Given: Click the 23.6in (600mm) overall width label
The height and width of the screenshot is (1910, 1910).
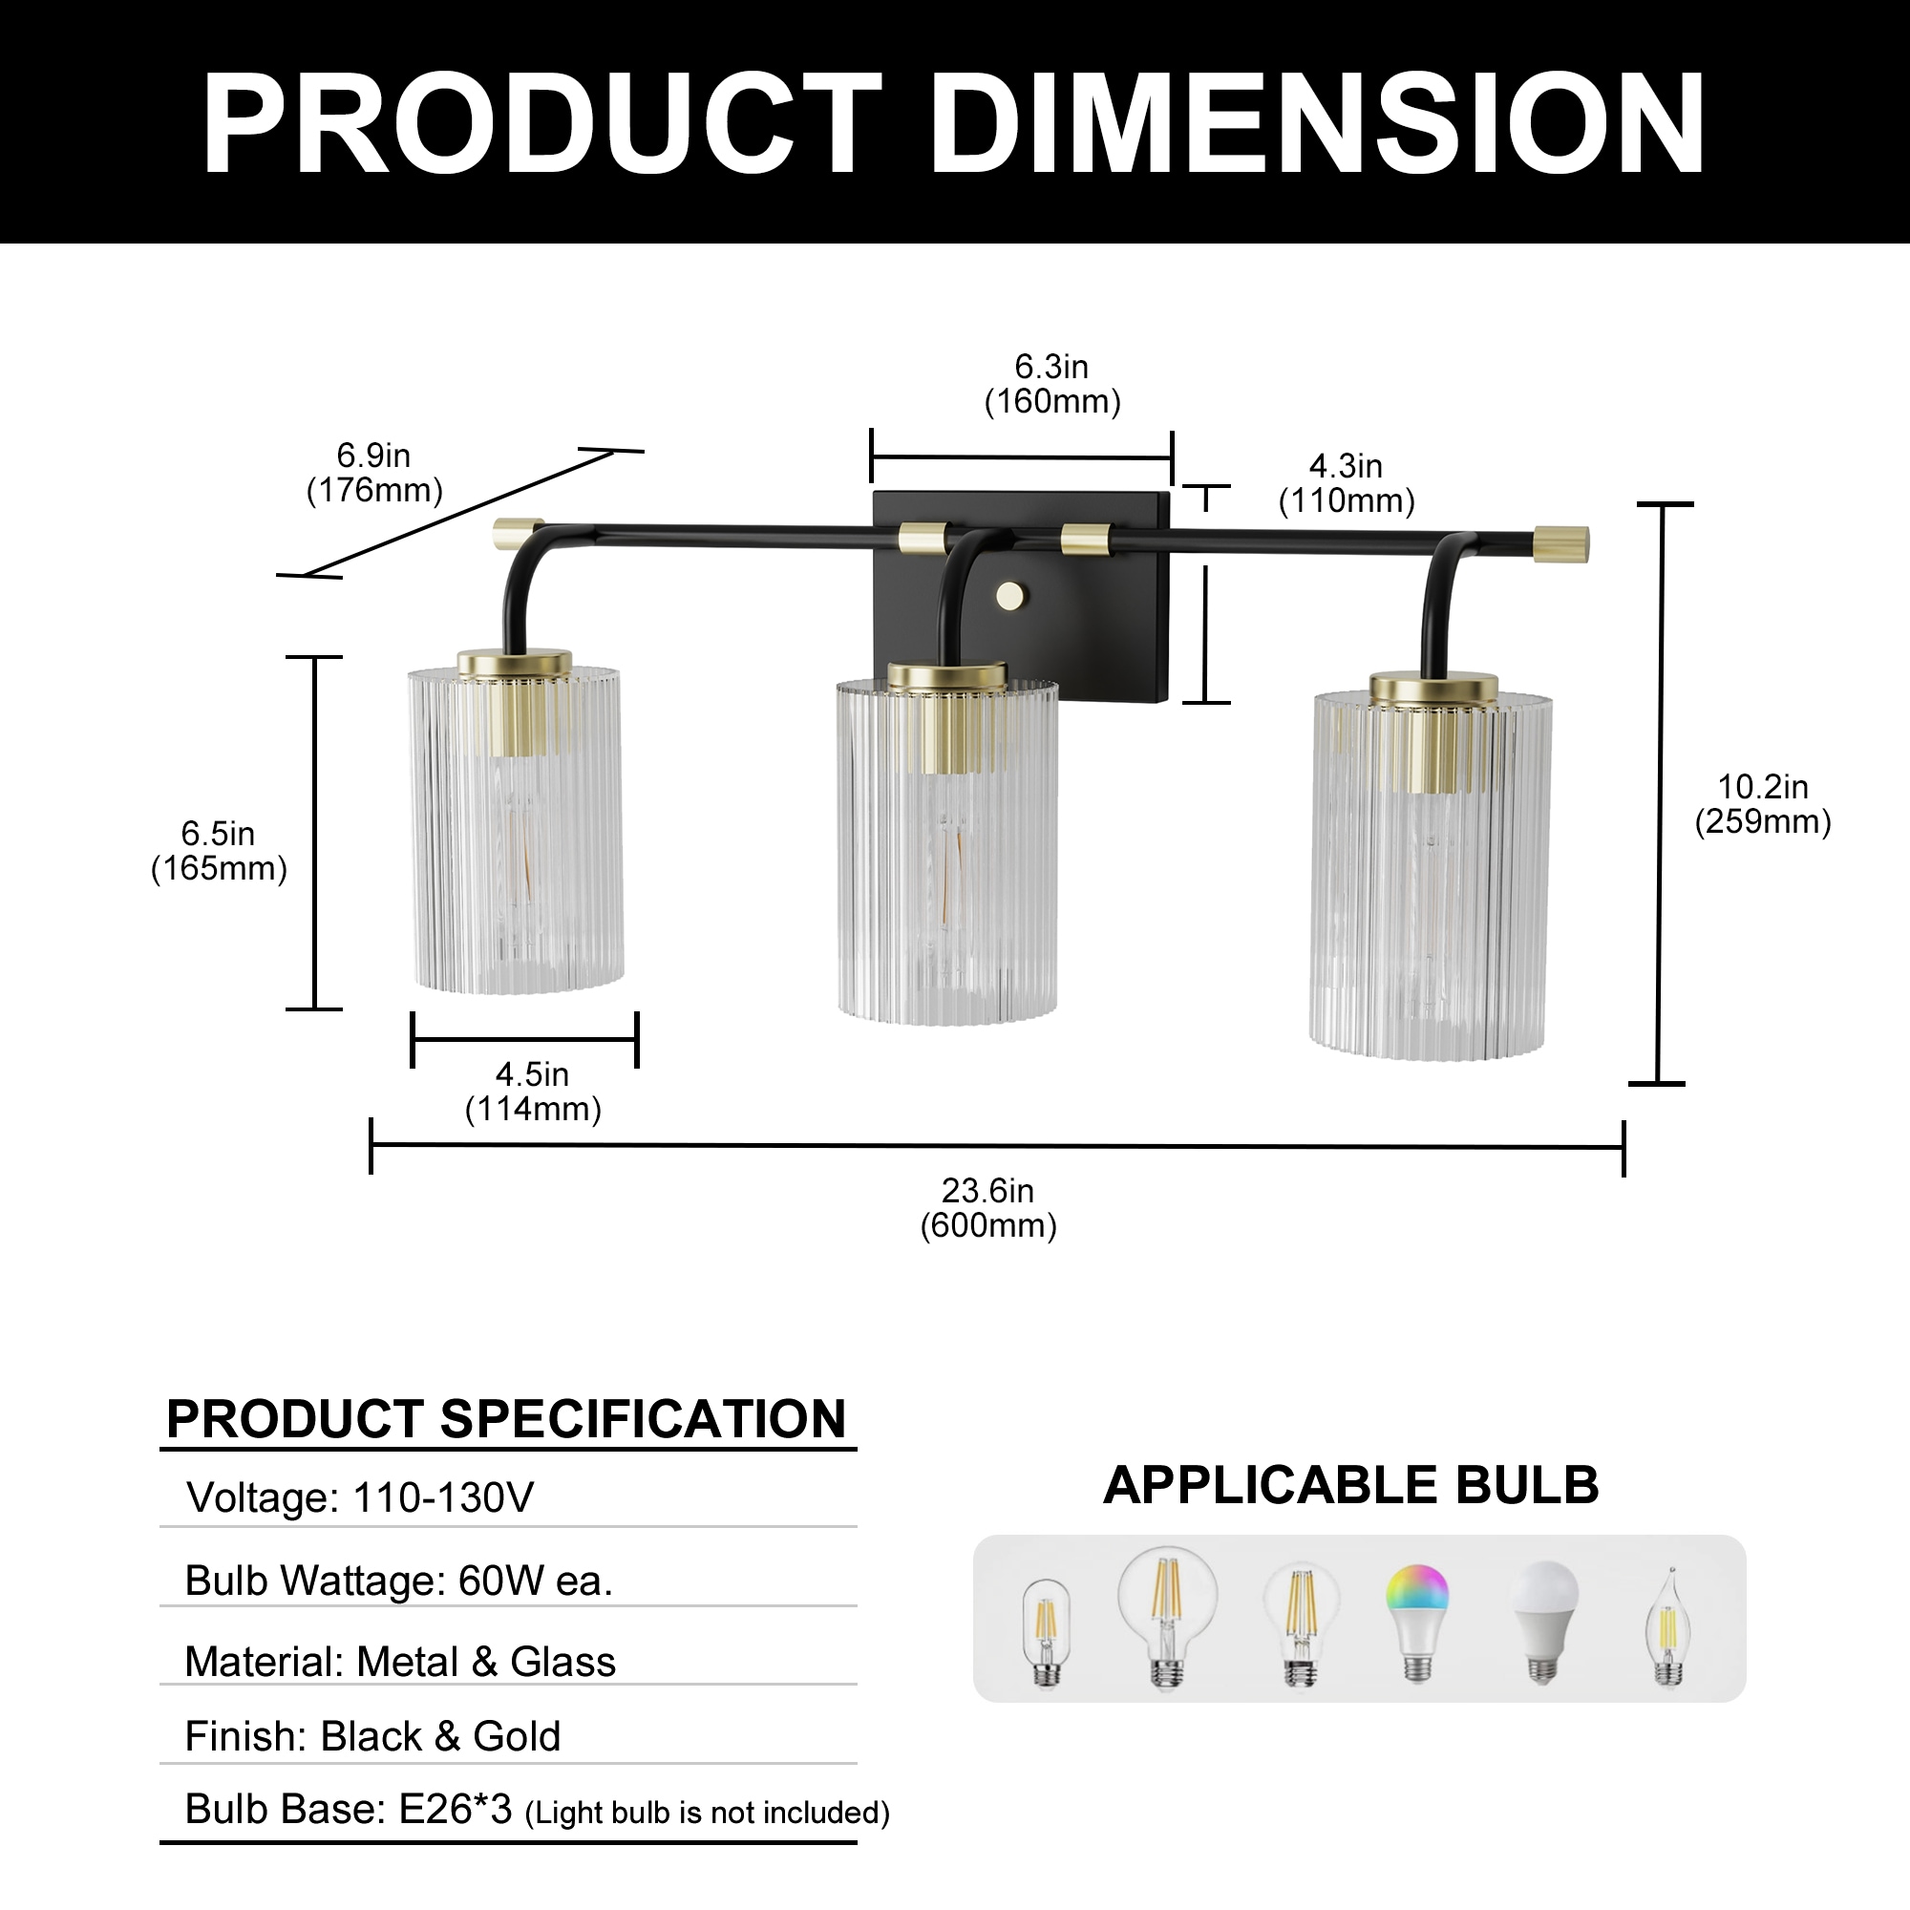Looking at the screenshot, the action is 987,1207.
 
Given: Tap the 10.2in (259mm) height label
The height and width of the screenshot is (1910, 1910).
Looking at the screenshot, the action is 1763,804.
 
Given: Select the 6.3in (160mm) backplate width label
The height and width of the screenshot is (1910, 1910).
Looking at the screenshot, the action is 1051,384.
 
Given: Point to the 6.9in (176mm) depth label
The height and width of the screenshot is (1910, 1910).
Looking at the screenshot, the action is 373,473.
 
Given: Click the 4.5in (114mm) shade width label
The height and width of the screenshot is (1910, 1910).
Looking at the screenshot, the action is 533,1092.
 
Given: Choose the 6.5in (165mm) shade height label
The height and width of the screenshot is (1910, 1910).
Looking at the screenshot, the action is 219,850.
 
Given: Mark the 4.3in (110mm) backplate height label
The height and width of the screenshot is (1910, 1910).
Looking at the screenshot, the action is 1347,483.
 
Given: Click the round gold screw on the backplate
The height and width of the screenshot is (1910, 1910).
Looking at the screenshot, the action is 1010,595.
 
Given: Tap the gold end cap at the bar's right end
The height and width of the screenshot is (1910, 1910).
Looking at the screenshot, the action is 1561,545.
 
